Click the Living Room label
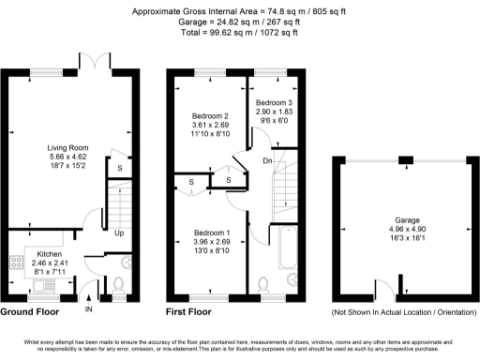(70, 147)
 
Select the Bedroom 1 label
(212, 232)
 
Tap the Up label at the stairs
(120, 232)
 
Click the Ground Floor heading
(31, 311)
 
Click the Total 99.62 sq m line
(239, 32)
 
